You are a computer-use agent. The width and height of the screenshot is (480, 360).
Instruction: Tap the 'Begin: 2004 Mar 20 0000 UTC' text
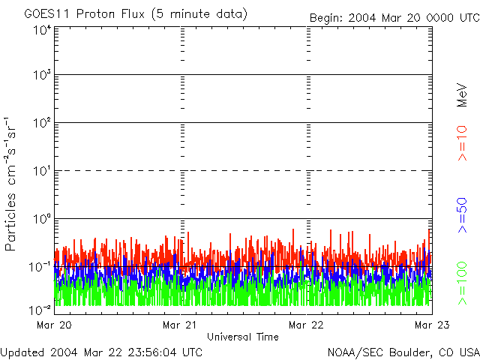pos(394,17)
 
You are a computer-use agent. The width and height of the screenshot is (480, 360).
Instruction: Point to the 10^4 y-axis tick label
pos(41,30)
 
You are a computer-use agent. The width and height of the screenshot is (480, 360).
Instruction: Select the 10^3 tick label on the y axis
pos(41,76)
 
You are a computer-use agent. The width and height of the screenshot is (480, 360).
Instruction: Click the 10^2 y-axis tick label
pos(41,123)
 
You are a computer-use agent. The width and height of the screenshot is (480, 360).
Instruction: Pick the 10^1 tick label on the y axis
pos(41,171)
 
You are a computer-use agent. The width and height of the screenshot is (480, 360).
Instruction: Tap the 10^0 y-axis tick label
pos(41,218)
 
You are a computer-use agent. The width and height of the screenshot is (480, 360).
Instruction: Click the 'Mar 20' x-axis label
pos(55,325)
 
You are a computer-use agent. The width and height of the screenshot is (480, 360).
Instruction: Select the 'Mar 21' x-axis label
pos(181,325)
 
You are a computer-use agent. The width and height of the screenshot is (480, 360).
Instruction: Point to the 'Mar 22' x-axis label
pos(307,325)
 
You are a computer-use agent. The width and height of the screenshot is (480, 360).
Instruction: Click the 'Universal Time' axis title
pos(243,337)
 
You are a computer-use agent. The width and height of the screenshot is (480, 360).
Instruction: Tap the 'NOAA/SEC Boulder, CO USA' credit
pos(403,352)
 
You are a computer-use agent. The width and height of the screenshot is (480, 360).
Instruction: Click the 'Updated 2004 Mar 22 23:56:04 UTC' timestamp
pos(101,352)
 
